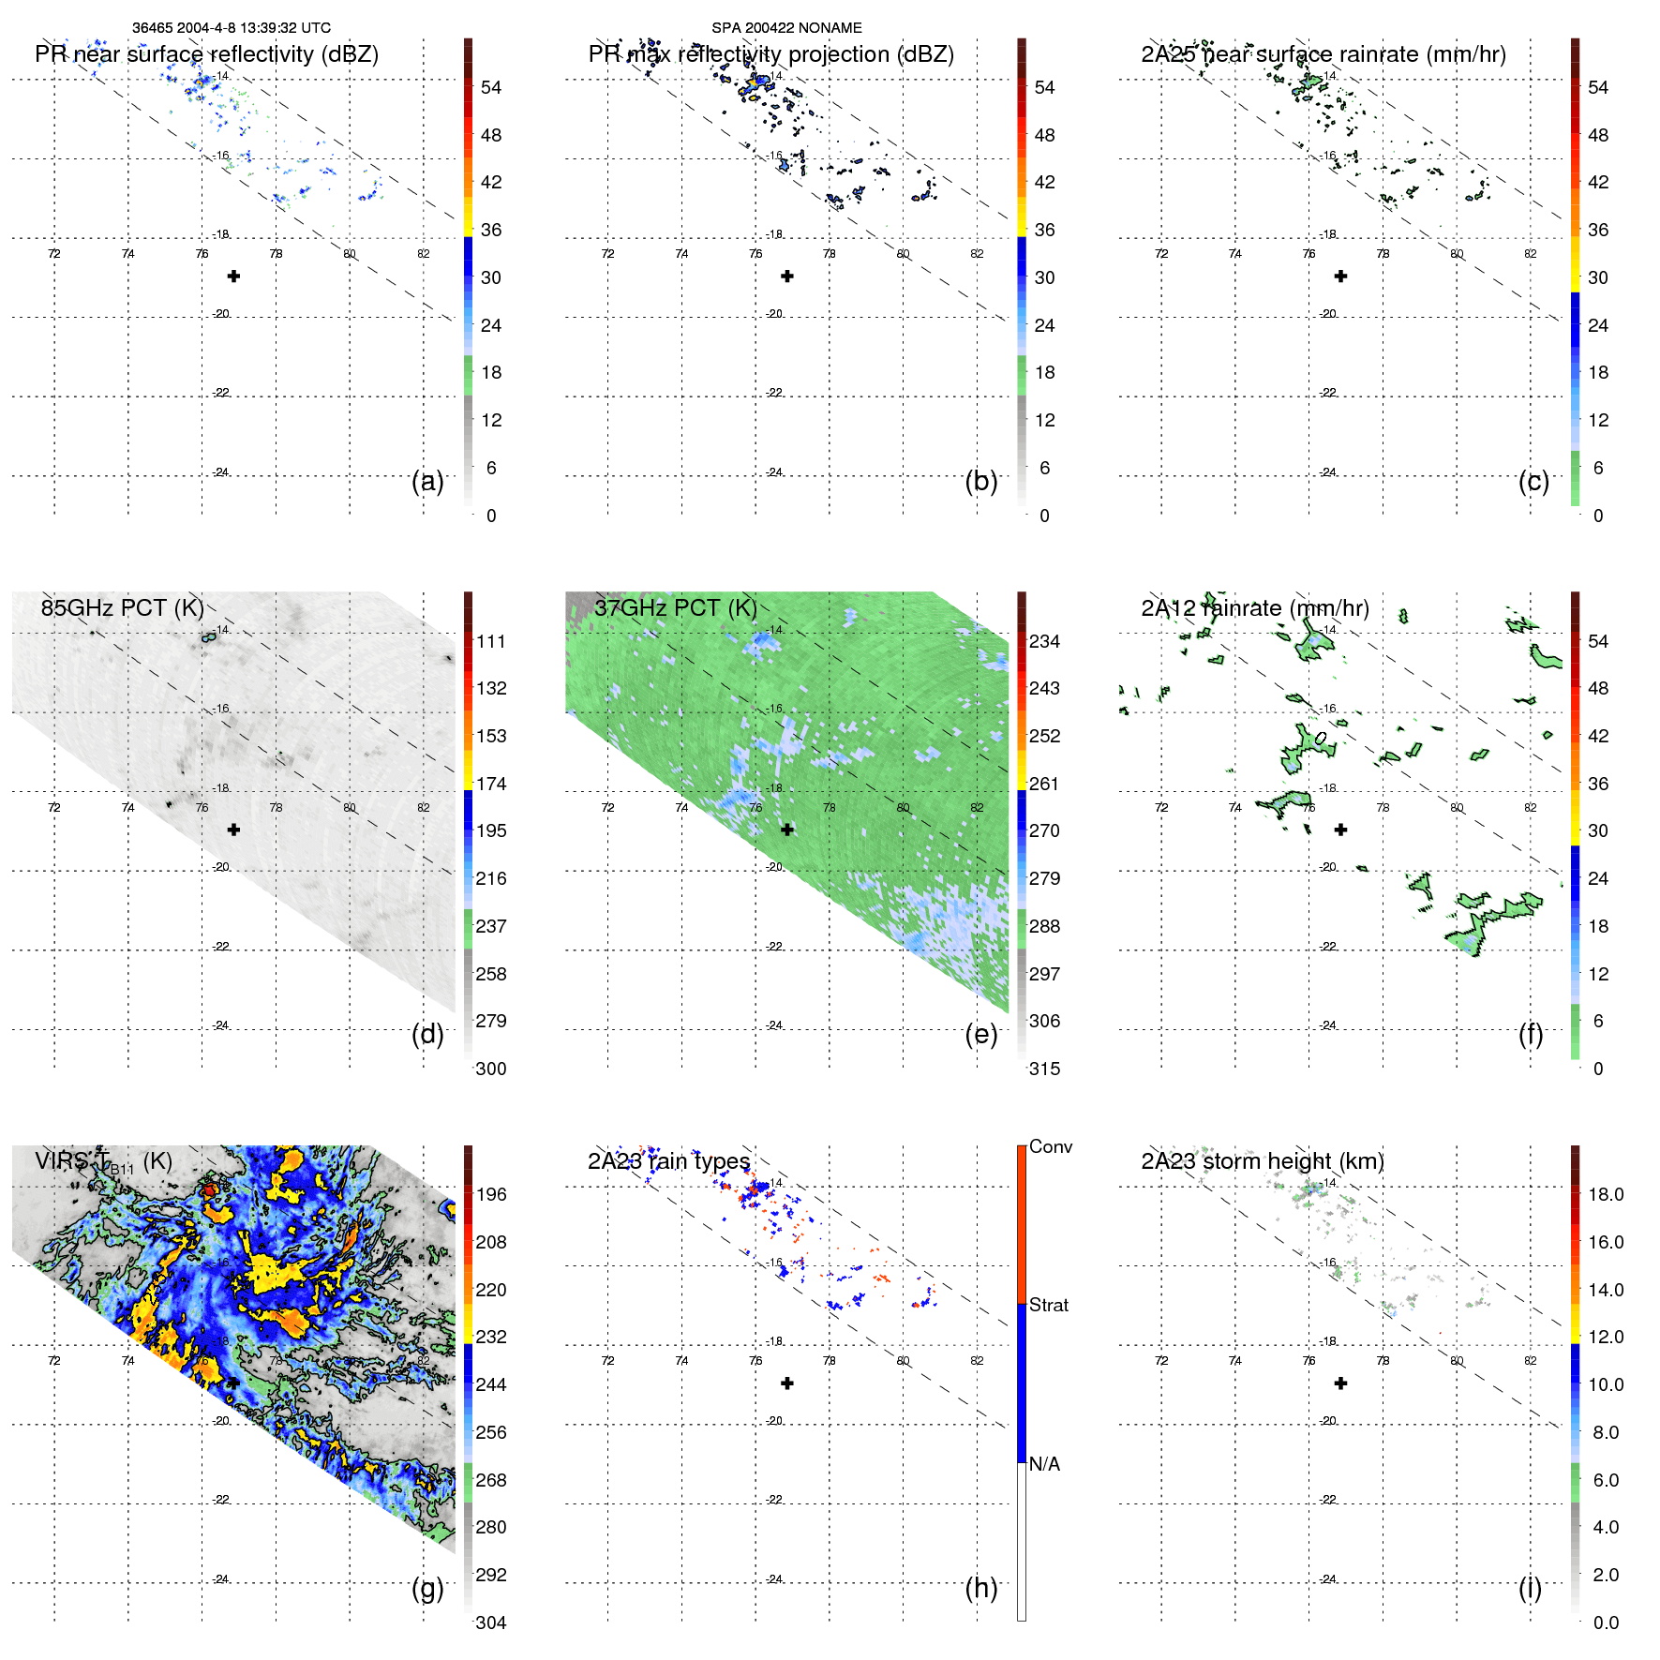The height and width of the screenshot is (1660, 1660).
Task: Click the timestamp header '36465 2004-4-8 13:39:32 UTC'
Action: pyautogui.click(x=231, y=28)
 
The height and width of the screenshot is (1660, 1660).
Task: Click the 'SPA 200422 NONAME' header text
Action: pyautogui.click(x=786, y=28)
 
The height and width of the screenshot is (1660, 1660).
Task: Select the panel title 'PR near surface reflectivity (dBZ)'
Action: pyautogui.click(x=206, y=54)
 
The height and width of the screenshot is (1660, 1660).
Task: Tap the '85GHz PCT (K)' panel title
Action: pyautogui.click(x=122, y=607)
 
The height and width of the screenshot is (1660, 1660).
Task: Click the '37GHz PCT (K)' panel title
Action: pyautogui.click(x=675, y=607)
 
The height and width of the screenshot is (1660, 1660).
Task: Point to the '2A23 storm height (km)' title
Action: pyautogui.click(x=1262, y=1161)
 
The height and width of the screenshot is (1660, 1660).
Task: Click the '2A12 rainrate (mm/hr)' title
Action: pyautogui.click(x=1254, y=608)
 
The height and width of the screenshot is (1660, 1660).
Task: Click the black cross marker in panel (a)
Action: pyautogui.click(x=233, y=277)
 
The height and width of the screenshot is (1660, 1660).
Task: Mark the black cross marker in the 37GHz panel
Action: pyautogui.click(x=787, y=830)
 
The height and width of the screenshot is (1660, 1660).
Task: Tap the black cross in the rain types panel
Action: pyautogui.click(x=787, y=1383)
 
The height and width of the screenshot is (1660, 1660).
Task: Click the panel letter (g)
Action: pyautogui.click(x=427, y=1588)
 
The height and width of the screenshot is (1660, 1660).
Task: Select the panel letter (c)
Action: pyautogui.click(x=1533, y=481)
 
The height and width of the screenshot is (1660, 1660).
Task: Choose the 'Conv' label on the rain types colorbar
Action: pyautogui.click(x=1050, y=1146)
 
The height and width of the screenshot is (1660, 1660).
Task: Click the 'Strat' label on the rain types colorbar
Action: pyautogui.click(x=1048, y=1305)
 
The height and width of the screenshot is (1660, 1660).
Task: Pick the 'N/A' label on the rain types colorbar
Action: pyautogui.click(x=1044, y=1464)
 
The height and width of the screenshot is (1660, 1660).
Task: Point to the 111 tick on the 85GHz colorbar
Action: pyautogui.click(x=490, y=641)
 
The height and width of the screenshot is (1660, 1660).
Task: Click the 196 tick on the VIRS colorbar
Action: pyautogui.click(x=490, y=1194)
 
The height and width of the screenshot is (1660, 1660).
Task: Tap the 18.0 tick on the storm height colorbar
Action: pyautogui.click(x=1605, y=1194)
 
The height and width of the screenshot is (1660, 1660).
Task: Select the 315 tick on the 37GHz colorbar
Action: pyautogui.click(x=1044, y=1069)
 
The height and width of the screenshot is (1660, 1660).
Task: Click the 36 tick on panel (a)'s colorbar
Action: pyautogui.click(x=490, y=230)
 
